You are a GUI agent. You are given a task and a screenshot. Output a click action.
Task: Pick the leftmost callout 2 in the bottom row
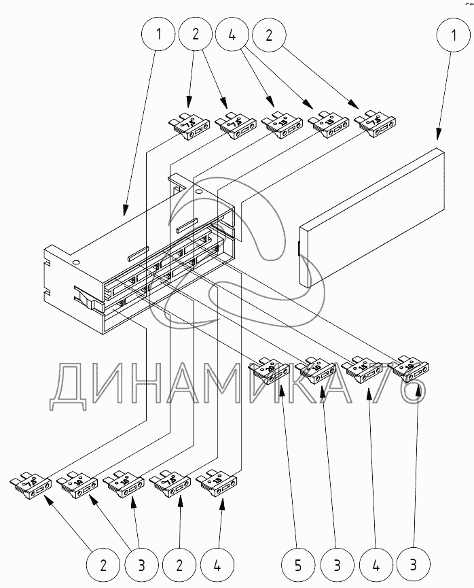pyautogui.click(x=103, y=564)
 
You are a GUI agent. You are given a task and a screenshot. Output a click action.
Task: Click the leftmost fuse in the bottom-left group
pyautogui.click(x=32, y=484)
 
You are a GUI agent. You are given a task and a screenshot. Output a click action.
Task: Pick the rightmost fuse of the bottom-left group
pyautogui.click(x=218, y=483)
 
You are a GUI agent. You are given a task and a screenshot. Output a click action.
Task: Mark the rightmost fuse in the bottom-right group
pyautogui.click(x=412, y=368)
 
